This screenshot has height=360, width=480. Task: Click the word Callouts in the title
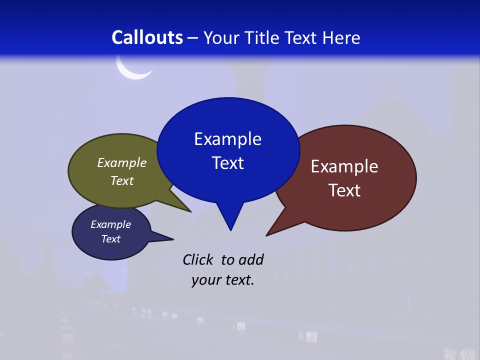click(147, 37)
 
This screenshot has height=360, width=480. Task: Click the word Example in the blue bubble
click(227, 139)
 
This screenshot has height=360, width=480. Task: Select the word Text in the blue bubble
click(227, 163)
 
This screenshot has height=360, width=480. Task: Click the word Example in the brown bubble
click(344, 166)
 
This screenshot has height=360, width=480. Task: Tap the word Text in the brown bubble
click(344, 190)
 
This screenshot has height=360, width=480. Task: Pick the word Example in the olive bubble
click(122, 162)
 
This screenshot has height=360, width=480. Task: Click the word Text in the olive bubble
click(122, 180)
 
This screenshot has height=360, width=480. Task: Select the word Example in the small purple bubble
click(110, 224)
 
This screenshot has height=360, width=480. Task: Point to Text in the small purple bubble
click(110, 239)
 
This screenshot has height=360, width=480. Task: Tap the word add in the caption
click(250, 259)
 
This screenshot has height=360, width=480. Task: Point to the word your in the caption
click(206, 280)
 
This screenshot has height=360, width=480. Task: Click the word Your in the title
click(221, 37)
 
